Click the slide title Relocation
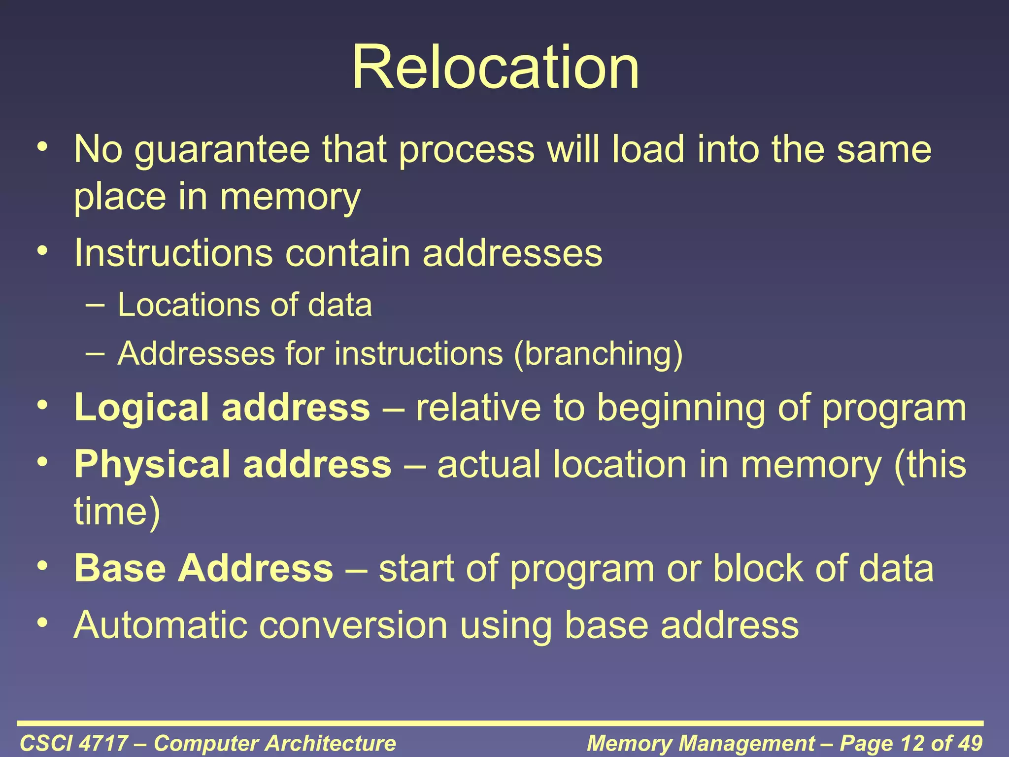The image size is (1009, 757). click(495, 68)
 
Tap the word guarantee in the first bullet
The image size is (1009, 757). click(222, 150)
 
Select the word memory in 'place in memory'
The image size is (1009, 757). click(290, 197)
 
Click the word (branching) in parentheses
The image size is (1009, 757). click(598, 354)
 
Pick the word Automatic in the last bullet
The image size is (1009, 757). click(160, 625)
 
